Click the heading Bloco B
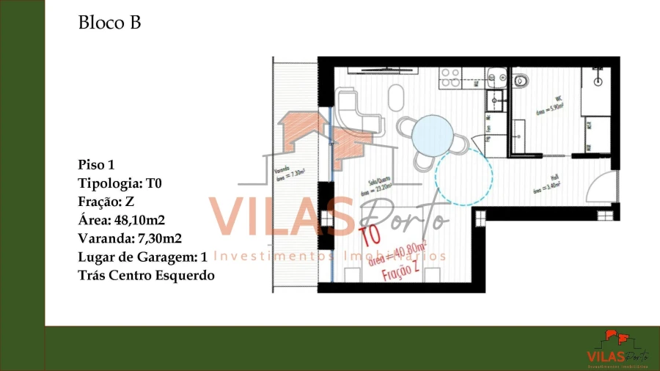pos(109,23)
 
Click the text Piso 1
pos(96,165)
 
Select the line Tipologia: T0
pos(119,183)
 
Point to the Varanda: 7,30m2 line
pos(130,238)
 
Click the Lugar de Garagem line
pos(142,257)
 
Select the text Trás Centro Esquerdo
pos(146,275)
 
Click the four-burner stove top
pos(450,77)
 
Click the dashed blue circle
pos(464,177)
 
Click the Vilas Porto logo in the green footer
pos(617,348)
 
